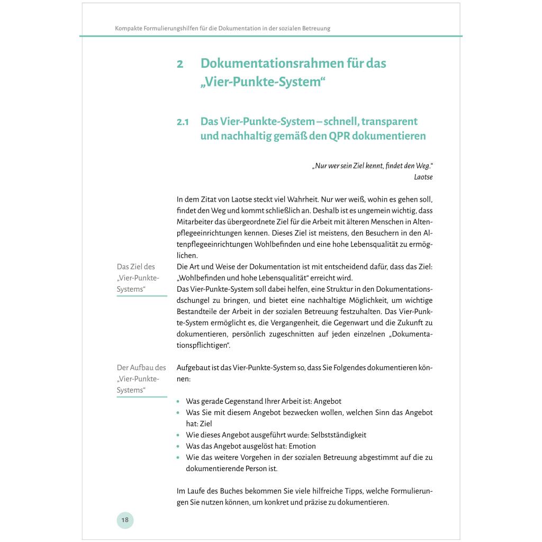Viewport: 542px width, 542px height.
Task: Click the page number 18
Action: click(125, 520)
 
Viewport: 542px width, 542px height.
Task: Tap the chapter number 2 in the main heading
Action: click(180, 64)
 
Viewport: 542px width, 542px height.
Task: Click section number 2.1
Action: click(183, 122)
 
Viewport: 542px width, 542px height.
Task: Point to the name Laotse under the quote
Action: click(423, 177)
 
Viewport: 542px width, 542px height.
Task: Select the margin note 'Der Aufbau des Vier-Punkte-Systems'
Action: click(141, 378)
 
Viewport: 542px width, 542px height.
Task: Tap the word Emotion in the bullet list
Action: click(302, 446)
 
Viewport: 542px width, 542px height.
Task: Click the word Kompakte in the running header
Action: click(129, 28)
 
